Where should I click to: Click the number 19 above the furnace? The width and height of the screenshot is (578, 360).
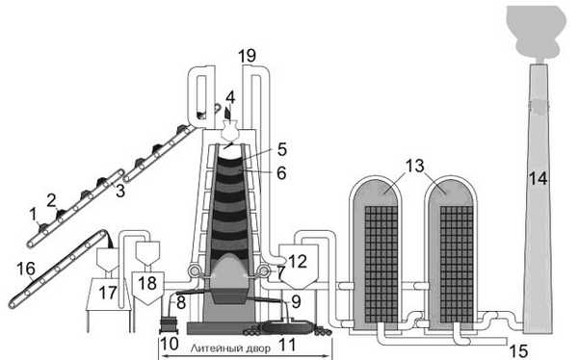(247, 56)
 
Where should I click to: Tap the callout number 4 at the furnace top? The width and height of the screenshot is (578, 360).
(230, 98)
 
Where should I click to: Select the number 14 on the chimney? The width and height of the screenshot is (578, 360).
(539, 179)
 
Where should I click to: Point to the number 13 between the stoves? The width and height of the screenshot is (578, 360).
(415, 167)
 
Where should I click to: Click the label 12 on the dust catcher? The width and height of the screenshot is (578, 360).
(298, 262)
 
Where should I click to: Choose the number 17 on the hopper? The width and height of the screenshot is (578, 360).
(108, 294)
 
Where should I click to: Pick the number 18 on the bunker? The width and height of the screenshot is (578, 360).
(147, 283)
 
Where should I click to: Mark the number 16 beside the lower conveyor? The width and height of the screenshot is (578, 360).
(26, 269)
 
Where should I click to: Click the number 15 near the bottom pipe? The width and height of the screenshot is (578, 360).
(518, 351)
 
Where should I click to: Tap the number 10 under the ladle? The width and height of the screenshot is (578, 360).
(170, 345)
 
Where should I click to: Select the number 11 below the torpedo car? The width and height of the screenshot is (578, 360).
(287, 346)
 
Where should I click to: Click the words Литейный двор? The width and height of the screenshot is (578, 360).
(230, 348)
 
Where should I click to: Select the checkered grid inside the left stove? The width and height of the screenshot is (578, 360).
(381, 264)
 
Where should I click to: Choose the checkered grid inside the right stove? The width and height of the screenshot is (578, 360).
(457, 264)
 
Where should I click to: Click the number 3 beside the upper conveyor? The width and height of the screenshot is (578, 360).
(120, 192)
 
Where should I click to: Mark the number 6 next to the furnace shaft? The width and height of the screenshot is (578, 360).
(281, 173)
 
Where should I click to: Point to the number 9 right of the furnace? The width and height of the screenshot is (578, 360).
(296, 302)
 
